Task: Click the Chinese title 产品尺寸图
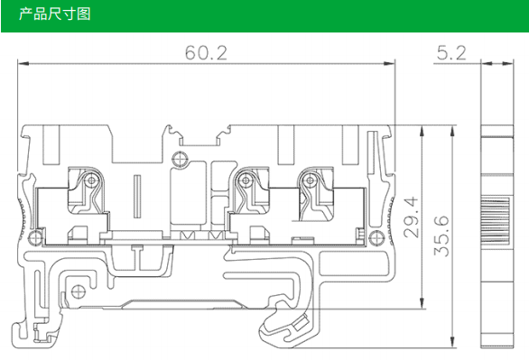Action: click(54, 14)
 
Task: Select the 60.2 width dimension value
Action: click(206, 53)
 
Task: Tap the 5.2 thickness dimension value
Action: click(451, 53)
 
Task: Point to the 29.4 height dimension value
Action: click(411, 217)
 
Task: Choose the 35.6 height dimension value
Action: click(441, 236)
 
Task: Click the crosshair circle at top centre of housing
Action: click(180, 159)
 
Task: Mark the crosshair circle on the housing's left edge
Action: click(35, 237)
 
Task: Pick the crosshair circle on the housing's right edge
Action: click(376, 237)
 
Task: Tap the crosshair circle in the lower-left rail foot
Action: click(79, 291)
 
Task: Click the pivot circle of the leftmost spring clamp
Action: click(91, 181)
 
